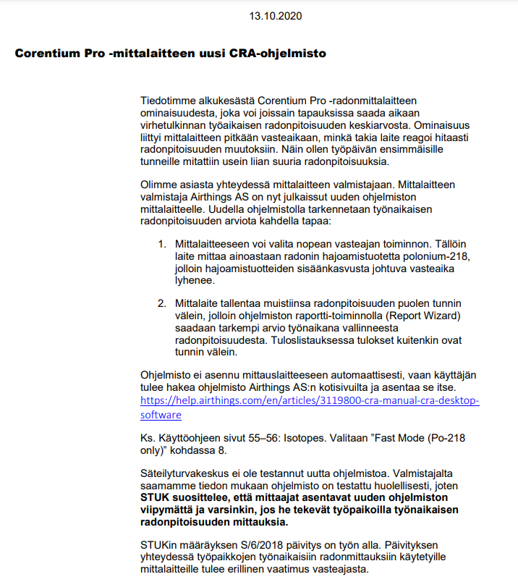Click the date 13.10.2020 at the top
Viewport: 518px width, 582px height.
276,15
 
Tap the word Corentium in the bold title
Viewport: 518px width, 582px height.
50,54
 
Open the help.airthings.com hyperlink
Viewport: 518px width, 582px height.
310,402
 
